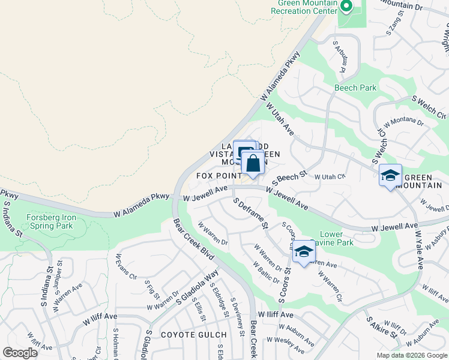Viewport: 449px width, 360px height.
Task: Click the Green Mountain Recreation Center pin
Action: click(346, 7)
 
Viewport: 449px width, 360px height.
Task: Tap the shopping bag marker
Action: click(253, 163)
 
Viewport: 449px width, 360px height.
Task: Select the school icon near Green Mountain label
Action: click(390, 176)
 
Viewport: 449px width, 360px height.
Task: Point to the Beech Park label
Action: click(355, 88)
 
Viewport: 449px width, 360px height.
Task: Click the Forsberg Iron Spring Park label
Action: click(49, 221)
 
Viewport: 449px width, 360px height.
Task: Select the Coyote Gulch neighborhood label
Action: click(193, 334)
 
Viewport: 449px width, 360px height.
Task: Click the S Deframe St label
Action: click(250, 214)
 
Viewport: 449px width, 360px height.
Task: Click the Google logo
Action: click(20, 353)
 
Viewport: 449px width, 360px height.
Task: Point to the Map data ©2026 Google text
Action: click(411, 355)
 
